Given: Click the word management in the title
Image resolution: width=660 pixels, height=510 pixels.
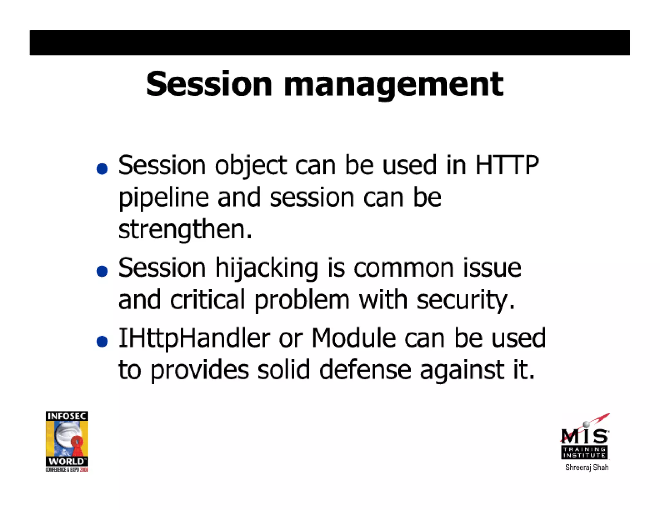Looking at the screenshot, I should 393,85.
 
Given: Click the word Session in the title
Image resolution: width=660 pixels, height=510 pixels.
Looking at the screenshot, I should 209,84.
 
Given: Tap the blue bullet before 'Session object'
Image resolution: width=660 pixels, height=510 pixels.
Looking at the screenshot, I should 102,169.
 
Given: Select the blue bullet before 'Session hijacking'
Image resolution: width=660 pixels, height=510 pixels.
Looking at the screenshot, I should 102,271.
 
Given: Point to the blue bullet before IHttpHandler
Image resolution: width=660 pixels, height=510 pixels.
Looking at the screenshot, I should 102,341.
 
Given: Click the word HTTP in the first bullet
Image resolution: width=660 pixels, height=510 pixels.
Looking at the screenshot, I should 507,165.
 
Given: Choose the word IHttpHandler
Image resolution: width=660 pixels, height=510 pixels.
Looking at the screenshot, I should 194,338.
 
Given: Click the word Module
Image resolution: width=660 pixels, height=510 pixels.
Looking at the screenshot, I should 354,338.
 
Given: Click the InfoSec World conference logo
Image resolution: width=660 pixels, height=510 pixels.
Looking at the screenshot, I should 67,441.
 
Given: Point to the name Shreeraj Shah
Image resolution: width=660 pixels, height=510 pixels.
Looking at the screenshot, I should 587,467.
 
